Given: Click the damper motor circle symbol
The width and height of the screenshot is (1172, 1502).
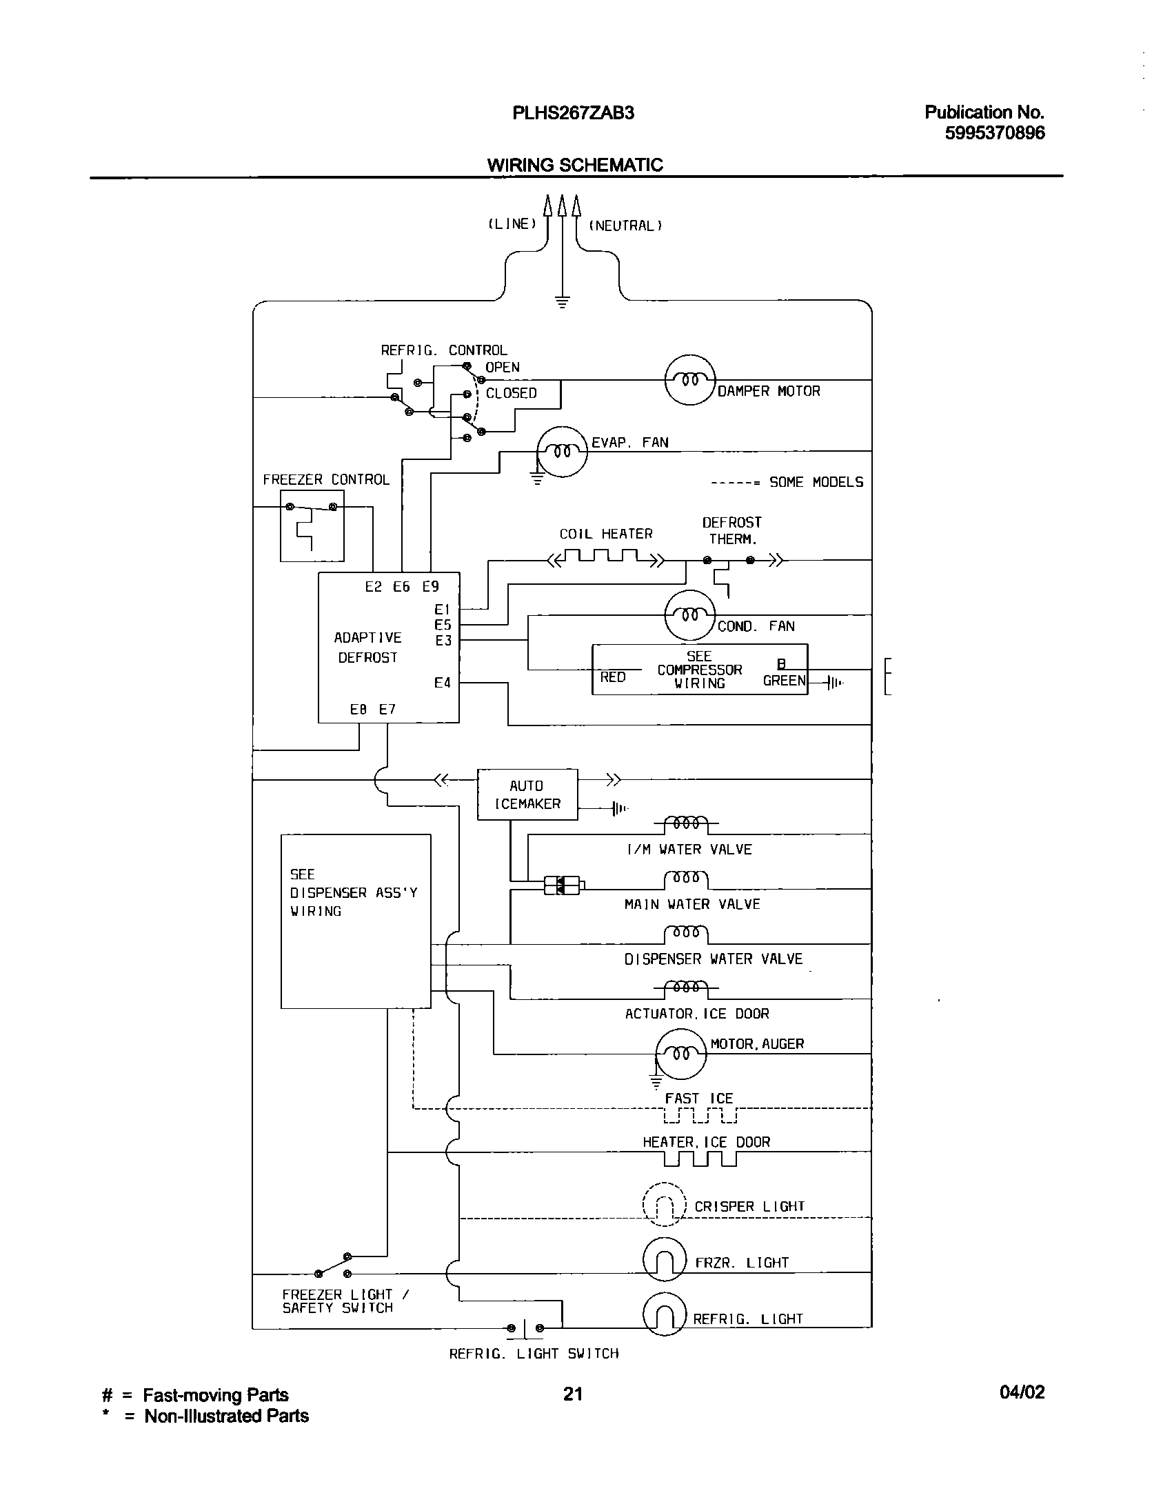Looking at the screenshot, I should (690, 380).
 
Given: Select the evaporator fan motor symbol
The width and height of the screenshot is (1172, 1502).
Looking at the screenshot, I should (562, 451).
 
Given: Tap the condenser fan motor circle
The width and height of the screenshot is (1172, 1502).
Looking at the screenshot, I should (690, 614).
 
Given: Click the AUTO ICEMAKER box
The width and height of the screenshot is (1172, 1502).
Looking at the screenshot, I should (527, 794).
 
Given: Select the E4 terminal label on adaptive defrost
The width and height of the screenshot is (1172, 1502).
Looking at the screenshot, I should (443, 683).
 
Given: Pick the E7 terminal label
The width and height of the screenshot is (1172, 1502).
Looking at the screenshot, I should (387, 709).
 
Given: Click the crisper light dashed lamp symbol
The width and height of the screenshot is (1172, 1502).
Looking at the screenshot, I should (664, 1205).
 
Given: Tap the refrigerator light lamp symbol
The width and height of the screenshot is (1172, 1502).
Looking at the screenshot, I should (664, 1315).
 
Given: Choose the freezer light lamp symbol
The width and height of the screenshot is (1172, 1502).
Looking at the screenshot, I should (664, 1260).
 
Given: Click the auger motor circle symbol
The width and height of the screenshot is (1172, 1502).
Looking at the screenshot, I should (681, 1054).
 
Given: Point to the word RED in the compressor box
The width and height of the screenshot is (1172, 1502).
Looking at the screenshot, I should (612, 677).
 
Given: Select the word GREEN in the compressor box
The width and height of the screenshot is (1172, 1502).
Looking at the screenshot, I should (784, 681).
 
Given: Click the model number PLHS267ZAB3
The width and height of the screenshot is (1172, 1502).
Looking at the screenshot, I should (573, 113).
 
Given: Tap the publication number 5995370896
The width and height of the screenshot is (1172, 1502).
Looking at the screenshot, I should (994, 133).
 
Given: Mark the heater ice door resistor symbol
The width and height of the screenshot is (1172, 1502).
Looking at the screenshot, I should (700, 1159).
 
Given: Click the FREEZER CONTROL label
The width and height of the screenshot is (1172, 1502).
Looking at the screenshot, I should (325, 479).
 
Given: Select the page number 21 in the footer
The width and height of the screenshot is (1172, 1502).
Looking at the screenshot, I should (573, 1394).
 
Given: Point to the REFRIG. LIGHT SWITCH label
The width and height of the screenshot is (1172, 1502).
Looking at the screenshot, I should (534, 1354).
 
